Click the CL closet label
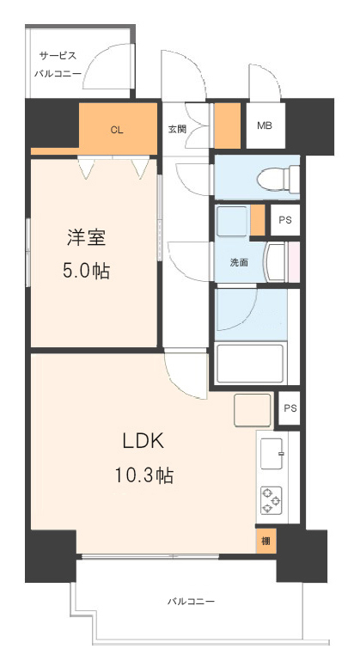[117, 130]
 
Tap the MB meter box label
[265, 125]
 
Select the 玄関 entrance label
[177, 129]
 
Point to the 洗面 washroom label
[240, 263]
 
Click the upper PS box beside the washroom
[285, 220]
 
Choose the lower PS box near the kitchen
[290, 408]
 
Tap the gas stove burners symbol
[271, 500]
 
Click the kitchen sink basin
[272, 453]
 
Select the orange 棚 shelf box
[266, 542]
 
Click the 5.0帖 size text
[87, 272]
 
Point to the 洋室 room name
[86, 238]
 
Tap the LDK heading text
[143, 442]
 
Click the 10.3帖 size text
[144, 475]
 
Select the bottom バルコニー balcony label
[192, 602]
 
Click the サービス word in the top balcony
[58, 56]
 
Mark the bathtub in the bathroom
[251, 363]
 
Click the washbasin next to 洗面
[276, 262]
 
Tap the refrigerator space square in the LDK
[253, 410]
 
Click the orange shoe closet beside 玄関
[228, 125]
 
